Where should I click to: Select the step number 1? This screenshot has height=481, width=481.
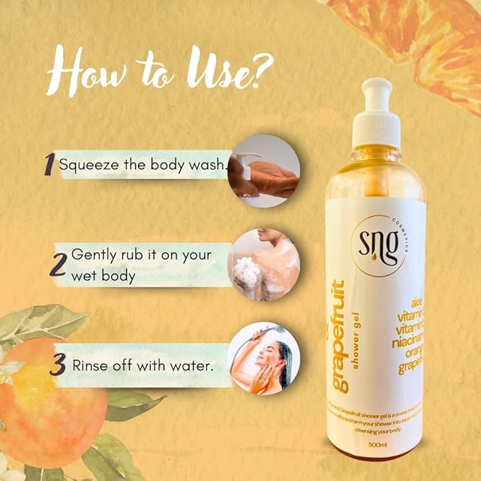[48, 165]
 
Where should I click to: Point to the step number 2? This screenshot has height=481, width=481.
[59, 264]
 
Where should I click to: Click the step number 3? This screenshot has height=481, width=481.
[59, 366]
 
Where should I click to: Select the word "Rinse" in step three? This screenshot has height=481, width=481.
[90, 366]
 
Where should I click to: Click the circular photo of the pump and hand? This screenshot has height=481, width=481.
[264, 170]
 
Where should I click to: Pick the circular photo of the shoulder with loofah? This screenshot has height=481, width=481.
[264, 264]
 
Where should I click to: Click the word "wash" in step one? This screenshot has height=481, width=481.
[209, 165]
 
